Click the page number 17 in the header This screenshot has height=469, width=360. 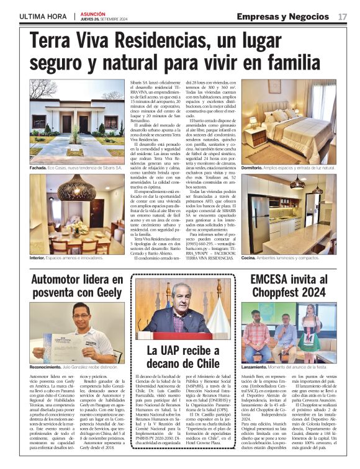pyautogui.click(x=343, y=16)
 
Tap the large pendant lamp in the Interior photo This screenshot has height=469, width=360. pyautogui.click(x=77, y=188)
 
